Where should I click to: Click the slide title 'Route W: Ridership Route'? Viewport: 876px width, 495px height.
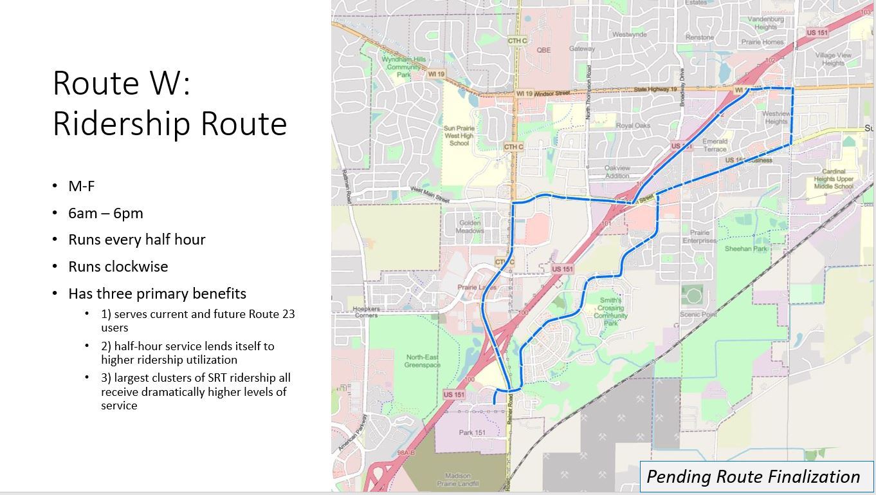click(169, 103)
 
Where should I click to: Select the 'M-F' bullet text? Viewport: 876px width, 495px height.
click(82, 186)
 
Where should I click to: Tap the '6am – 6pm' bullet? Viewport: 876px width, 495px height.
click(105, 213)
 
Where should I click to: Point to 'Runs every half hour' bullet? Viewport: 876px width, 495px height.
click(136, 239)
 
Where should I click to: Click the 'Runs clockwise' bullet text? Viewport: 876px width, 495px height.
click(118, 266)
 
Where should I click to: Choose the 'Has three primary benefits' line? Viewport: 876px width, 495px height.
click(157, 294)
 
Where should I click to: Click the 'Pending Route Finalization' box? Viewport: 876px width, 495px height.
click(753, 476)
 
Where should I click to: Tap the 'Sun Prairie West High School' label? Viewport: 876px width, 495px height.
click(459, 136)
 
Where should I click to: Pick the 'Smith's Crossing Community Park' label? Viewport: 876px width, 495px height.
click(610, 312)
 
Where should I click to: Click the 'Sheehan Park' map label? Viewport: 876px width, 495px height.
click(746, 248)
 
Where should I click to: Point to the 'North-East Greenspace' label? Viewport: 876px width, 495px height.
click(422, 361)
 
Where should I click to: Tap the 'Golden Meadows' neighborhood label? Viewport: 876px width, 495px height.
click(470, 227)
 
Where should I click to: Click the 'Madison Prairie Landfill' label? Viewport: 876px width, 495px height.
click(457, 480)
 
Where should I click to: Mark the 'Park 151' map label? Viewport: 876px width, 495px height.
click(472, 433)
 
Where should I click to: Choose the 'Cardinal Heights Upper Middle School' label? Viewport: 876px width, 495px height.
click(833, 179)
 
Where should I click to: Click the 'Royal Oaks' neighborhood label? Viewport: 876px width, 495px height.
click(633, 126)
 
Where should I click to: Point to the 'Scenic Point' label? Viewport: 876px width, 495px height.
click(698, 314)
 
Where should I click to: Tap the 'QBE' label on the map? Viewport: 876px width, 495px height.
click(543, 50)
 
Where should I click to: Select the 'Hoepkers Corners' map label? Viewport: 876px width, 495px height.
click(366, 312)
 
